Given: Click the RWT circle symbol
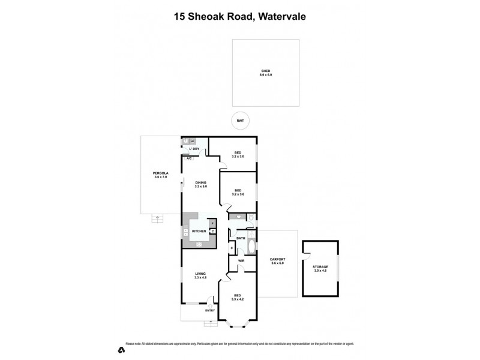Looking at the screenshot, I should [240, 121].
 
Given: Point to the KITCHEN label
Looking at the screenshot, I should [199, 231].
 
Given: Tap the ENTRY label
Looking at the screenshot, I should [209, 310].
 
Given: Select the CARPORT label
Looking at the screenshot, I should [277, 260].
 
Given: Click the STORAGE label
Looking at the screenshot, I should [320, 268].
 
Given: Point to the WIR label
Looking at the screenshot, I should [241, 261].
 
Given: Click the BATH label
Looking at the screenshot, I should [241, 238].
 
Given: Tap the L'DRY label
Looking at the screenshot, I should [194, 149].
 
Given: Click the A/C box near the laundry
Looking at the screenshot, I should [189, 158].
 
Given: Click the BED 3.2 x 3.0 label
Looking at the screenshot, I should [238, 154].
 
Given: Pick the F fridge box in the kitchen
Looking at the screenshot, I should [212, 223].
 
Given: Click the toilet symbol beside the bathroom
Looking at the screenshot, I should [252, 217].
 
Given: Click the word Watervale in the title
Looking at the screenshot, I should [281, 17].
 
